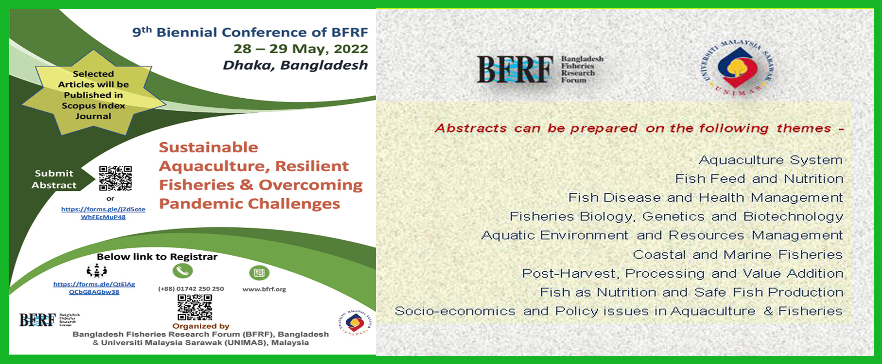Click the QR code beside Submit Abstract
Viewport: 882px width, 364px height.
[x=115, y=178]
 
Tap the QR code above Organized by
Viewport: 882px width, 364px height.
[x=195, y=307]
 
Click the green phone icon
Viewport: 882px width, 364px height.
[x=182, y=271]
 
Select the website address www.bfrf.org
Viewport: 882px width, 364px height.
[x=264, y=289]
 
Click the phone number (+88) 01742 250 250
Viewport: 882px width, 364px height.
[x=191, y=289]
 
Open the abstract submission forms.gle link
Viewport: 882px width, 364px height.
[x=103, y=213]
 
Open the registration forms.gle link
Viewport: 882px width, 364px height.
[x=94, y=288]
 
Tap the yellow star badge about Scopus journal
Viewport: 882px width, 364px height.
[x=94, y=94]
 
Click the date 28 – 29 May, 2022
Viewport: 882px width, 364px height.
[x=300, y=49]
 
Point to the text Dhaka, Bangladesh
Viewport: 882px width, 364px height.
[x=295, y=65]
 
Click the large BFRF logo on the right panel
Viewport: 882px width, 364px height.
[x=540, y=69]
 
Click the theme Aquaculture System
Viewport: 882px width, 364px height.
[x=770, y=160]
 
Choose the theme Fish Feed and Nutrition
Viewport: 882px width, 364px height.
[x=759, y=179]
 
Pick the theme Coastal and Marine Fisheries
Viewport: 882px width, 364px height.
[x=737, y=254]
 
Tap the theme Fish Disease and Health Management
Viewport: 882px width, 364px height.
[x=705, y=197]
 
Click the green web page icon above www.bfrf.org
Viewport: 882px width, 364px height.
[x=259, y=273]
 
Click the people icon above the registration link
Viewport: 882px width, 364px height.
[x=96, y=271]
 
